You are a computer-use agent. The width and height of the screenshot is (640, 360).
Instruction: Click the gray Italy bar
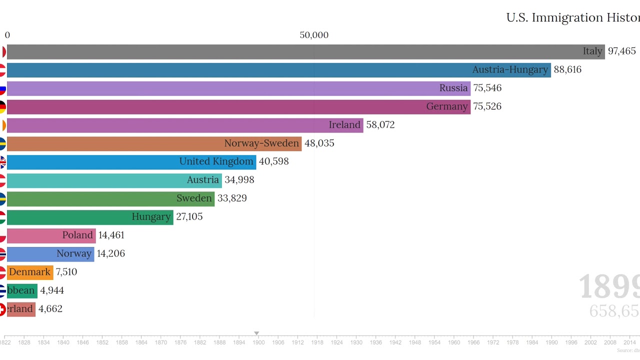[x=300, y=51]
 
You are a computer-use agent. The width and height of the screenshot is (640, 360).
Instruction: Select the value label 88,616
[x=567, y=70]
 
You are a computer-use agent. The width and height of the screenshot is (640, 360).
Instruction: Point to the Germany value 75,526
[x=487, y=106]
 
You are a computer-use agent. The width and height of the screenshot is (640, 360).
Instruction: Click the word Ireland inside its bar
[x=344, y=125]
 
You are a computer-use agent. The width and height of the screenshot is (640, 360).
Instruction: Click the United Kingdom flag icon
[x=2, y=162]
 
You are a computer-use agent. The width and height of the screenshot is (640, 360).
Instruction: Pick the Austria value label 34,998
[x=239, y=180]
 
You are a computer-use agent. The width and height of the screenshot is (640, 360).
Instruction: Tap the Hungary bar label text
[x=151, y=217]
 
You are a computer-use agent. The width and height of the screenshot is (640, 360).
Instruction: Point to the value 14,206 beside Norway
[x=110, y=253]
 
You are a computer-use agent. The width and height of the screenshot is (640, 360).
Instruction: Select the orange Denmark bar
[x=30, y=272]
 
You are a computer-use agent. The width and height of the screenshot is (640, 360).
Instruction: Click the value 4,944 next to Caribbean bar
[x=52, y=290]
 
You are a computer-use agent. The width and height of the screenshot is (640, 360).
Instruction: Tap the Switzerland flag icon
[x=2, y=309]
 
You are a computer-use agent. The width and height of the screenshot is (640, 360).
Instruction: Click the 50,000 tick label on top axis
[x=314, y=35]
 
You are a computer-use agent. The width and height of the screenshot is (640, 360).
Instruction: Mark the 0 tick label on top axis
[x=7, y=35]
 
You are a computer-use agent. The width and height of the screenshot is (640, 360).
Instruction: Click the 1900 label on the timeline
[x=258, y=342]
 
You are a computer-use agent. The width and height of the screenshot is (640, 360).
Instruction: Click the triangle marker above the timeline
[x=256, y=333]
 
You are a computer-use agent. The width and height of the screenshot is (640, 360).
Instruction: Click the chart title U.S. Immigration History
[x=572, y=18]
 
